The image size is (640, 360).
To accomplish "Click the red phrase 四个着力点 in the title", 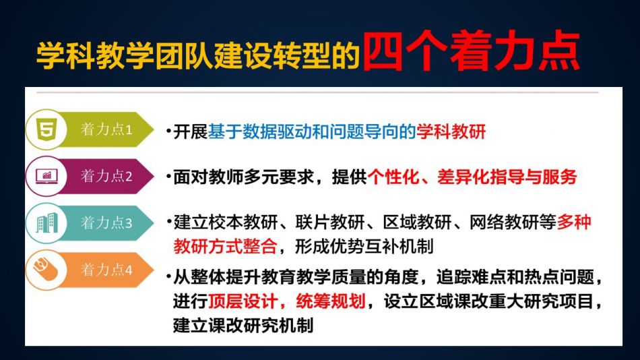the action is [x=471, y=51].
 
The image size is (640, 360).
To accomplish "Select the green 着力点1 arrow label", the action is [x=107, y=129].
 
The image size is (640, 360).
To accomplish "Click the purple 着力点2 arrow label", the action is [x=107, y=176].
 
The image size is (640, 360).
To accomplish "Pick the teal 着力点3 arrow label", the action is [x=107, y=223].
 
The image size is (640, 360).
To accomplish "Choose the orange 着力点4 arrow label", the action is [x=107, y=270].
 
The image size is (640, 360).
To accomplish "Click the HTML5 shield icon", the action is [x=46, y=129].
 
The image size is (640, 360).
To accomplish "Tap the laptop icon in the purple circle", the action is [x=46, y=176].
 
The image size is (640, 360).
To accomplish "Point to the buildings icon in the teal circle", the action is [x=46, y=222].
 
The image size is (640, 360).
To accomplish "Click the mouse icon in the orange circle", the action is [x=46, y=269].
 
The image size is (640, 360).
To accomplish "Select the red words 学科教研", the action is [x=451, y=131].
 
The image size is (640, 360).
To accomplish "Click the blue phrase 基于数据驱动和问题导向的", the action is [x=312, y=131].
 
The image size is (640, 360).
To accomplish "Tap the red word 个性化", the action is [x=393, y=177].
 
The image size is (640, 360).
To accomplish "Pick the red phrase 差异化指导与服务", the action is [x=507, y=177].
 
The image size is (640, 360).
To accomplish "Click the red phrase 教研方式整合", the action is [x=225, y=246].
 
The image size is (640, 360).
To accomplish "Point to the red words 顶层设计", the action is [x=243, y=301].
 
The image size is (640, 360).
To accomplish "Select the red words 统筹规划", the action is [x=331, y=301].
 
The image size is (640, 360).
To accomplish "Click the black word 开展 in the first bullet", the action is [x=191, y=131].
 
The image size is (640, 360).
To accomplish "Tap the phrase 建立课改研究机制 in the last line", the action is [x=243, y=326].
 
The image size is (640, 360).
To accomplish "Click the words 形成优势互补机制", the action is [x=364, y=246].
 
